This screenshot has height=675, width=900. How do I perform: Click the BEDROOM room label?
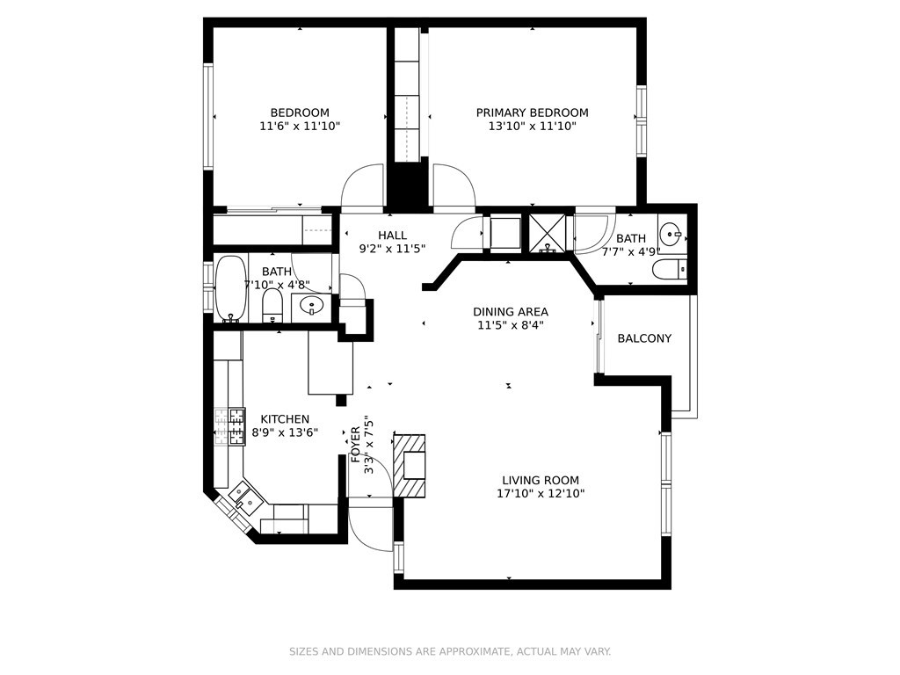[300, 112]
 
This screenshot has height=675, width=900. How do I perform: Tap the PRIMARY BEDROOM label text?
[532, 112]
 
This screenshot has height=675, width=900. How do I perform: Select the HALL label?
[392, 236]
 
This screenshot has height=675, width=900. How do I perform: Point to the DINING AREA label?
[511, 312]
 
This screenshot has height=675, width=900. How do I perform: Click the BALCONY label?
[644, 338]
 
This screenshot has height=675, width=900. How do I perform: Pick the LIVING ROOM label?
[541, 481]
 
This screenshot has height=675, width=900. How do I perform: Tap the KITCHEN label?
[285, 419]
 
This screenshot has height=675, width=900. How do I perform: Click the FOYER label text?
[356, 444]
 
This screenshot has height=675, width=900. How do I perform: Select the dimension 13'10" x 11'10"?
[532, 127]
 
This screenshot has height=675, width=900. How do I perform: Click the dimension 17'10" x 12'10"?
[541, 494]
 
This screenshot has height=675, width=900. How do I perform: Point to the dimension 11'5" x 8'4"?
[511, 325]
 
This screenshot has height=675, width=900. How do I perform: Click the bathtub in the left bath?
[231, 288]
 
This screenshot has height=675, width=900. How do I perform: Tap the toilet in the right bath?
[670, 269]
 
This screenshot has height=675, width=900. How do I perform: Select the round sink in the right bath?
[671, 234]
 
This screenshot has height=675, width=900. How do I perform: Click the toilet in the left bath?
[272, 305]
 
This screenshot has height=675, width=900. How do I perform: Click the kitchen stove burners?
[229, 426]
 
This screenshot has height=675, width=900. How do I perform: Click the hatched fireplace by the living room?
[410, 466]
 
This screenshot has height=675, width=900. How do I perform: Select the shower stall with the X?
[547, 234]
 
